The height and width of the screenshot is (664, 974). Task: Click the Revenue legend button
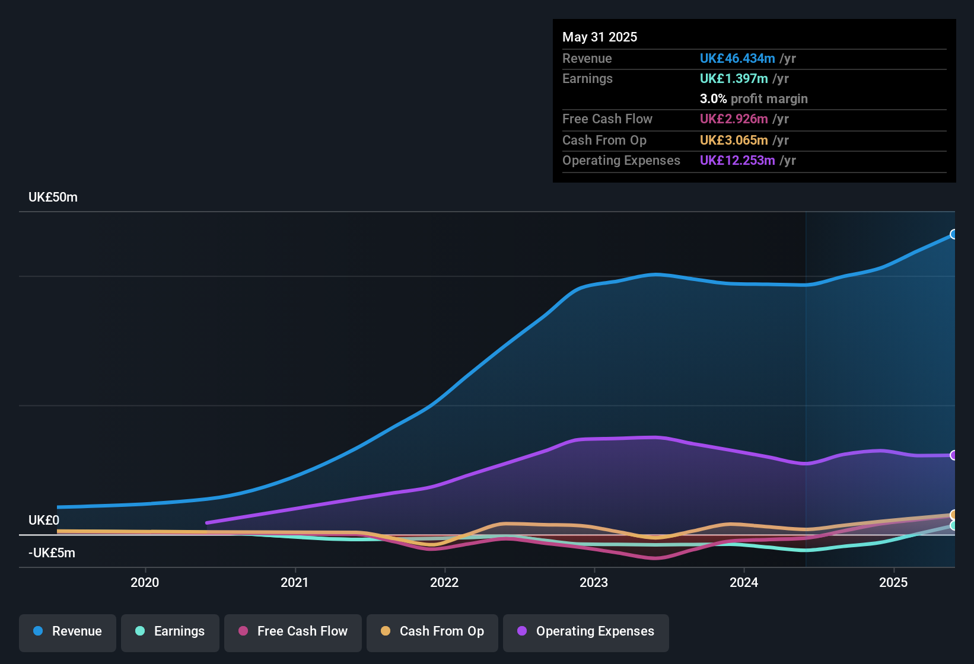(x=68, y=631)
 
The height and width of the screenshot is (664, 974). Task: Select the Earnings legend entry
(x=170, y=631)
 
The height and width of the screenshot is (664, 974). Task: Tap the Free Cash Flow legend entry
(x=293, y=631)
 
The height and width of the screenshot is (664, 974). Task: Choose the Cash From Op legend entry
(x=432, y=631)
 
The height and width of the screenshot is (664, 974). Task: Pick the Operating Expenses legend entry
(x=586, y=631)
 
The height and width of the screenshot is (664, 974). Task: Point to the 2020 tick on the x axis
(x=145, y=583)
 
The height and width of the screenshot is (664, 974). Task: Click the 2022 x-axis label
(x=444, y=583)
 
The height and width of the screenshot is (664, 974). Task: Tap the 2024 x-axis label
(x=744, y=583)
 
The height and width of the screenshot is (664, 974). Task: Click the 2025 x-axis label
(x=893, y=583)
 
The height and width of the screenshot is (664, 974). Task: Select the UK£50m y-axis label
(x=53, y=197)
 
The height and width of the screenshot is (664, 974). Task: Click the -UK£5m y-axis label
(x=52, y=553)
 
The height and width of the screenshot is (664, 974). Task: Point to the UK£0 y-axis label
(x=44, y=521)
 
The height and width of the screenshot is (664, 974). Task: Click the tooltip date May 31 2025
(x=600, y=37)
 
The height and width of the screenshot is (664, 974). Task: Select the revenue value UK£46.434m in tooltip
(x=737, y=59)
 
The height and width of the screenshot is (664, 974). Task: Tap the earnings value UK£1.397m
(x=734, y=79)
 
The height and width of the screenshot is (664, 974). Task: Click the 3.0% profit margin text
(x=753, y=99)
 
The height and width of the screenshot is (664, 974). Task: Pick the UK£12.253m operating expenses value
(x=737, y=161)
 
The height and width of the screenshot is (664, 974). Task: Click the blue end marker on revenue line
(x=953, y=234)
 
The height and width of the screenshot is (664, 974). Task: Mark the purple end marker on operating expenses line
(x=953, y=455)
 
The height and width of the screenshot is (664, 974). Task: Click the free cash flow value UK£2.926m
(x=734, y=119)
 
